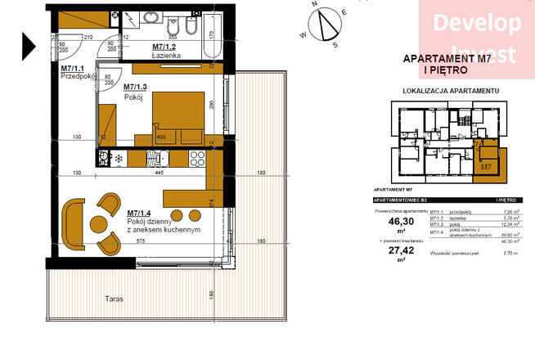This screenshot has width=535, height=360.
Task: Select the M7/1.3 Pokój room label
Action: [x=137, y=91]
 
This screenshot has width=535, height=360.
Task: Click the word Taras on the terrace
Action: [x=113, y=299]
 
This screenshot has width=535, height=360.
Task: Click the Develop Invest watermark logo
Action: [x=476, y=37]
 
